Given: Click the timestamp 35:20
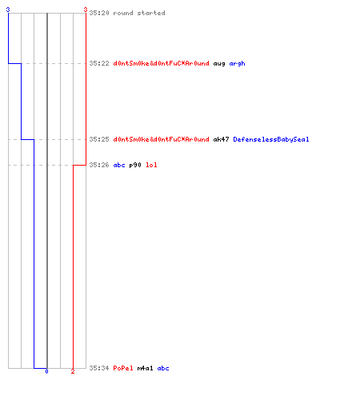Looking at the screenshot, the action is pyautogui.click(x=99, y=13).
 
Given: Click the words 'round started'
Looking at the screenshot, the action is pyautogui.click(x=139, y=13).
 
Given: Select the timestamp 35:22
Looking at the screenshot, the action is pyautogui.click(x=99, y=63).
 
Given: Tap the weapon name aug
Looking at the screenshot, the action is pyautogui.click(x=219, y=64).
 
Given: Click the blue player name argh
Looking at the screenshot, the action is pyautogui.click(x=237, y=63).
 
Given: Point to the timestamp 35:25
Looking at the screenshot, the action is pyautogui.click(x=99, y=139).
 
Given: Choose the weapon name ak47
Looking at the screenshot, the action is pyautogui.click(x=221, y=139).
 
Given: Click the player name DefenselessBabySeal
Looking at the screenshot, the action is pyautogui.click(x=271, y=139).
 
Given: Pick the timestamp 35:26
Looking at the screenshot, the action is pyautogui.click(x=99, y=165).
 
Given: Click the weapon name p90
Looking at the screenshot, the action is pyautogui.click(x=135, y=165).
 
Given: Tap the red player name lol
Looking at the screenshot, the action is pyautogui.click(x=151, y=165).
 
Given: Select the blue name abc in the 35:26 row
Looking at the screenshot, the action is pyautogui.click(x=119, y=165).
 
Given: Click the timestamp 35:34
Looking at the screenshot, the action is pyautogui.click(x=99, y=368).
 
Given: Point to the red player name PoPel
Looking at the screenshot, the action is pyautogui.click(x=123, y=368).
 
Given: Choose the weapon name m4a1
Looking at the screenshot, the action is pyautogui.click(x=146, y=368).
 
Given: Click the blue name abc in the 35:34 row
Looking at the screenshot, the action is pyautogui.click(x=163, y=368).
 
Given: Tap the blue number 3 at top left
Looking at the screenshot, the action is pyautogui.click(x=8, y=10).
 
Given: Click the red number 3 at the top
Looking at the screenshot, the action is pyautogui.click(x=86, y=10).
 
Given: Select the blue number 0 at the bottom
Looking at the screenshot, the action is pyautogui.click(x=46, y=371).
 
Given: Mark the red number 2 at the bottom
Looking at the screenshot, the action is pyautogui.click(x=73, y=371).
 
